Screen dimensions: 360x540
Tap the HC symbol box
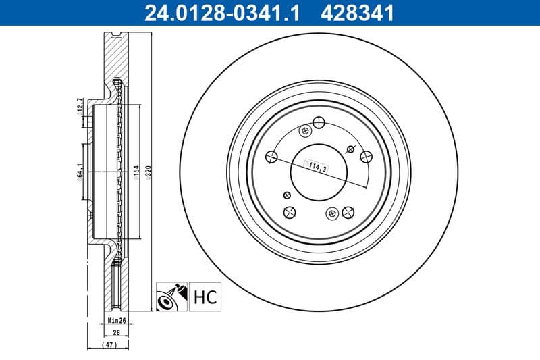[x=205, y=297]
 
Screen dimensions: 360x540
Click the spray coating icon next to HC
[x=171, y=297]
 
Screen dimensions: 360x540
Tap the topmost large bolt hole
[x=319, y=122]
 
